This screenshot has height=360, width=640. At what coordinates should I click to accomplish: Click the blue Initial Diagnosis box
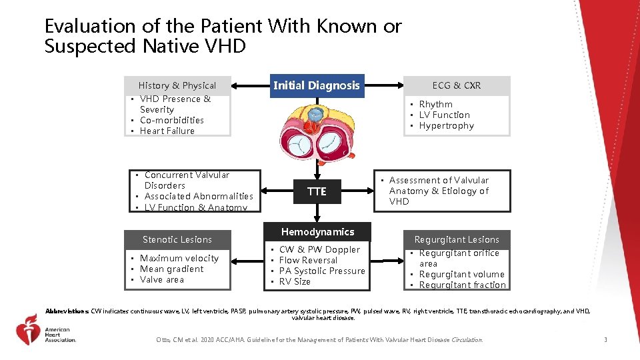[x=317, y=85]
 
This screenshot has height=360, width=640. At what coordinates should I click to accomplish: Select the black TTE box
[x=317, y=192]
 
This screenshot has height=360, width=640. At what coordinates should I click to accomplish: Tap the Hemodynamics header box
[x=317, y=232]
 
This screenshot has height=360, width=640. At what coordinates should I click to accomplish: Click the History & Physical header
[x=177, y=85]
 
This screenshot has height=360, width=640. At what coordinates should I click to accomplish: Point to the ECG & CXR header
[x=457, y=85]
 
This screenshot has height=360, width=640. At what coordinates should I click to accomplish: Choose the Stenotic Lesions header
[x=177, y=239]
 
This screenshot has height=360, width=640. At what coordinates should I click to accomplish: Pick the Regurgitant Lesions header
[x=457, y=239]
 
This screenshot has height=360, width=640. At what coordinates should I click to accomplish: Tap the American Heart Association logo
[x=47, y=329]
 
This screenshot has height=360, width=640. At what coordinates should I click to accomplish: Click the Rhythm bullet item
[x=435, y=104]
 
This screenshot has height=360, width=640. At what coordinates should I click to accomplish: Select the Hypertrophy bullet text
[x=446, y=125]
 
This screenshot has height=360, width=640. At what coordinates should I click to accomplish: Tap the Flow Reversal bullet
[x=308, y=260]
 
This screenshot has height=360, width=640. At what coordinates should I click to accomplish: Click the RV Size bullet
[x=295, y=281]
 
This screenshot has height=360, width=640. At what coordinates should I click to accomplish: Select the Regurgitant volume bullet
[x=461, y=274]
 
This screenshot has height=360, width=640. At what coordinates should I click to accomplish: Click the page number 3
[x=605, y=340]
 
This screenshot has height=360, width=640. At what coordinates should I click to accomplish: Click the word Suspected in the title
[x=90, y=47]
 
